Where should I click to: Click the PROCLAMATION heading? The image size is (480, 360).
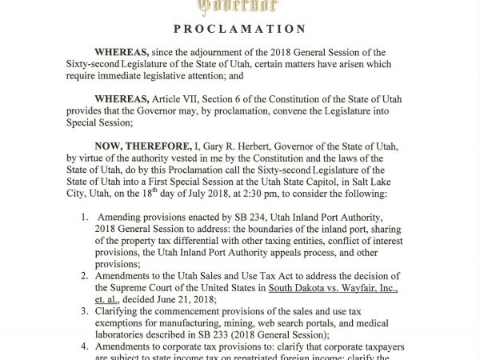pos(240,29)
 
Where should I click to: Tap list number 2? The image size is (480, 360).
pos(86,271)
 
